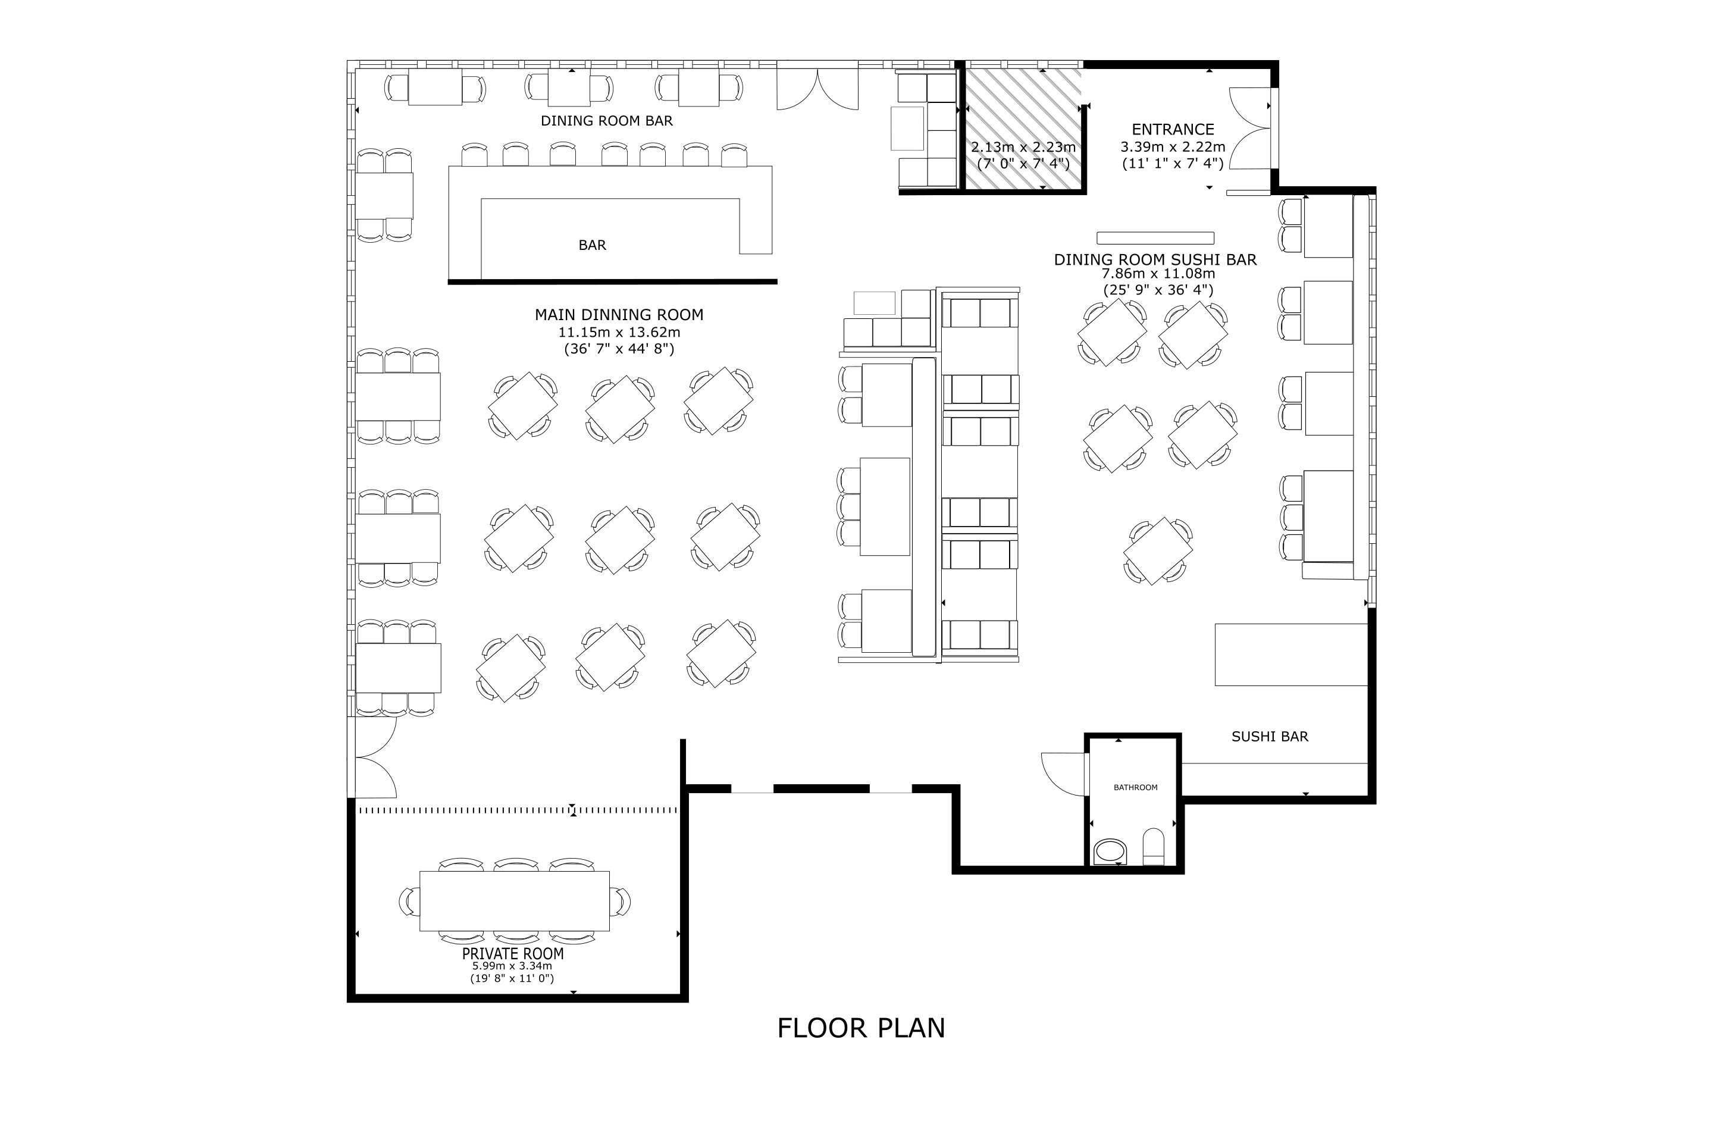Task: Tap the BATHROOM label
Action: point(1135,787)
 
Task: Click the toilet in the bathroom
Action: point(1153,846)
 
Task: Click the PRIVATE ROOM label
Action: point(512,953)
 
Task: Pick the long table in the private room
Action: point(514,901)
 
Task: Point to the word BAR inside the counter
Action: point(592,245)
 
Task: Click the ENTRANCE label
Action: point(1173,130)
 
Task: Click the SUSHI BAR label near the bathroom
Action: point(1270,737)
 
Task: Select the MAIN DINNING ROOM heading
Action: point(619,315)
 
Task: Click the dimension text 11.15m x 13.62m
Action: point(619,332)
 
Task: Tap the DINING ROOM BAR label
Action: point(607,121)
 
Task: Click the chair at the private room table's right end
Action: point(621,901)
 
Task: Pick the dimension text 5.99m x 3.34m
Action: point(512,966)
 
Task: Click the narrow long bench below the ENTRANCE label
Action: point(1155,238)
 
